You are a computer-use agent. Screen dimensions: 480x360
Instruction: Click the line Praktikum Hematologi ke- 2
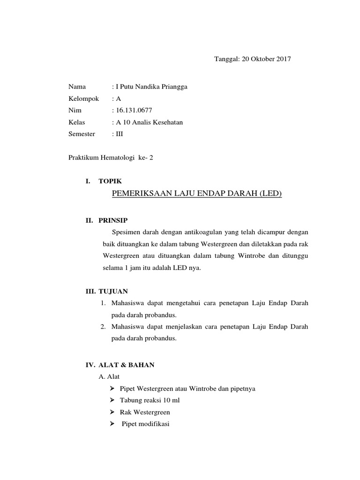111,158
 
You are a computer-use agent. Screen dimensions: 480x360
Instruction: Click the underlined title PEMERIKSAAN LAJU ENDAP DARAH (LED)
197,194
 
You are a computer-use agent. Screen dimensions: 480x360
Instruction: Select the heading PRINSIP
113,220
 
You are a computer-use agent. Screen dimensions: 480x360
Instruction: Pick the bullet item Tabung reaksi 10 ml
150,401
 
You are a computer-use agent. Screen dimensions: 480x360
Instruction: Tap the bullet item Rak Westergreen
145,412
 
